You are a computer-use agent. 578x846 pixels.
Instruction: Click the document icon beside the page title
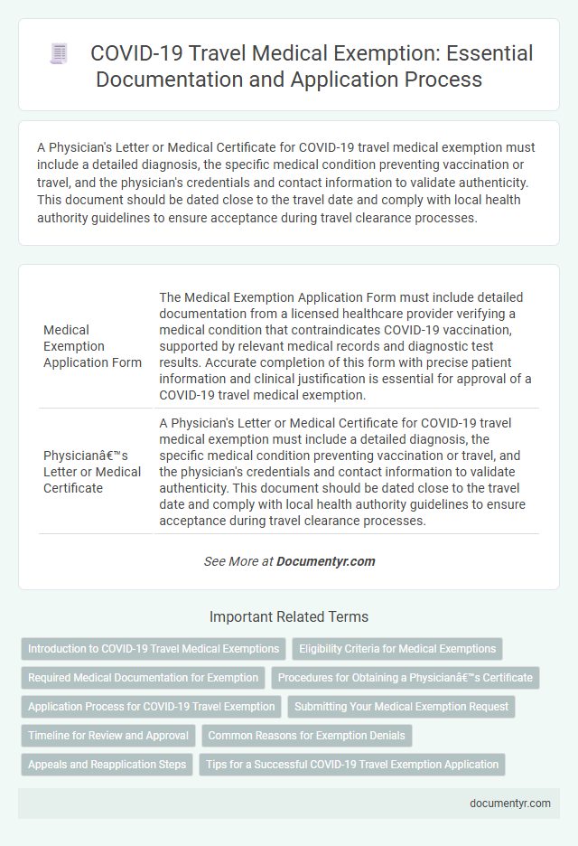pyautogui.click(x=59, y=54)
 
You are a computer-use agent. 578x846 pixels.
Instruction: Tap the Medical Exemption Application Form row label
pyautogui.click(x=92, y=346)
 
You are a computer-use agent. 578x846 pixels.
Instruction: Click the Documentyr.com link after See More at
pyautogui.click(x=325, y=561)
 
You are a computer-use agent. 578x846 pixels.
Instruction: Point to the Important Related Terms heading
pyautogui.click(x=289, y=617)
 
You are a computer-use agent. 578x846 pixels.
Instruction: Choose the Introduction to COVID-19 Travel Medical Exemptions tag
pyautogui.click(x=154, y=649)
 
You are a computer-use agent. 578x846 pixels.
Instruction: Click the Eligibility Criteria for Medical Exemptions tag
pyautogui.click(x=397, y=649)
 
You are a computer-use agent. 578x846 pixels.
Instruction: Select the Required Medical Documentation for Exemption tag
pyautogui.click(x=142, y=679)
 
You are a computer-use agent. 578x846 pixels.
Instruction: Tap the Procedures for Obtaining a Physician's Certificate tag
pyautogui.click(x=405, y=679)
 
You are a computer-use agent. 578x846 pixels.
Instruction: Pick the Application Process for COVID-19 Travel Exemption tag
pyautogui.click(x=152, y=707)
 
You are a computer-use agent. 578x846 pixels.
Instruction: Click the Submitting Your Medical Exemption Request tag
pyautogui.click(x=402, y=707)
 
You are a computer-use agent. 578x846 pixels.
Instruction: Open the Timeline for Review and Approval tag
pyautogui.click(x=108, y=736)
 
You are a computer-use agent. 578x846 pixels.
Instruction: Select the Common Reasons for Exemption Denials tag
pyautogui.click(x=308, y=736)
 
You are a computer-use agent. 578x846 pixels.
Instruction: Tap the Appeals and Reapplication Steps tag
pyautogui.click(x=107, y=765)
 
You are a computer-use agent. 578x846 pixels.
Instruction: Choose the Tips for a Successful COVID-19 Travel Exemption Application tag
pyautogui.click(x=352, y=765)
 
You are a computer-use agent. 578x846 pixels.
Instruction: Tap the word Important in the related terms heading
pyautogui.click(x=238, y=617)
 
